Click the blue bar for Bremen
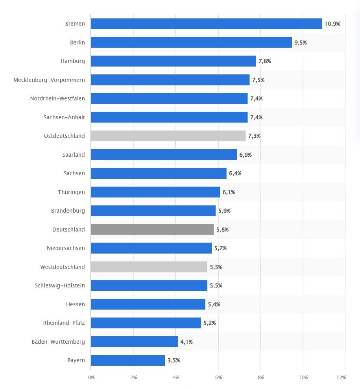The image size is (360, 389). [x=206, y=24]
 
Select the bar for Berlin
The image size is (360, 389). [x=191, y=43]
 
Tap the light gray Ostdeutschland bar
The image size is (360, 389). [x=168, y=136]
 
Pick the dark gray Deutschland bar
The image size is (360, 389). [x=152, y=230]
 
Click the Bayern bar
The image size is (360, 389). [x=128, y=360]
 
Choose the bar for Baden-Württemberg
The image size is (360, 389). [x=134, y=342]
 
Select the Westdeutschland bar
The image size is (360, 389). [x=149, y=267]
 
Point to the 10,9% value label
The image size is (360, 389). [x=332, y=24]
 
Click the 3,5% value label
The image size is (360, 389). [x=174, y=360]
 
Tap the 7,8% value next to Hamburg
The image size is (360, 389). [x=265, y=61]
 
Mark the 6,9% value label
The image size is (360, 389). [x=246, y=155]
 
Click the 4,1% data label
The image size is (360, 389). [x=186, y=342]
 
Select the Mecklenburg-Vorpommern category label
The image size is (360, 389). [x=49, y=80]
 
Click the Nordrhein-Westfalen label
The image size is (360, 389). [x=57, y=98]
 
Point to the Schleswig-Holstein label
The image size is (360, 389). [x=60, y=285]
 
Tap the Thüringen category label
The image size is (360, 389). [x=71, y=192]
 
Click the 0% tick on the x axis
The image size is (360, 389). [x=91, y=378]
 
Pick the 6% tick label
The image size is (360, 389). [x=219, y=378]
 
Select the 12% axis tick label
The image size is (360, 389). [x=341, y=378]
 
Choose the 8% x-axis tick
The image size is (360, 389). [x=261, y=378]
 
